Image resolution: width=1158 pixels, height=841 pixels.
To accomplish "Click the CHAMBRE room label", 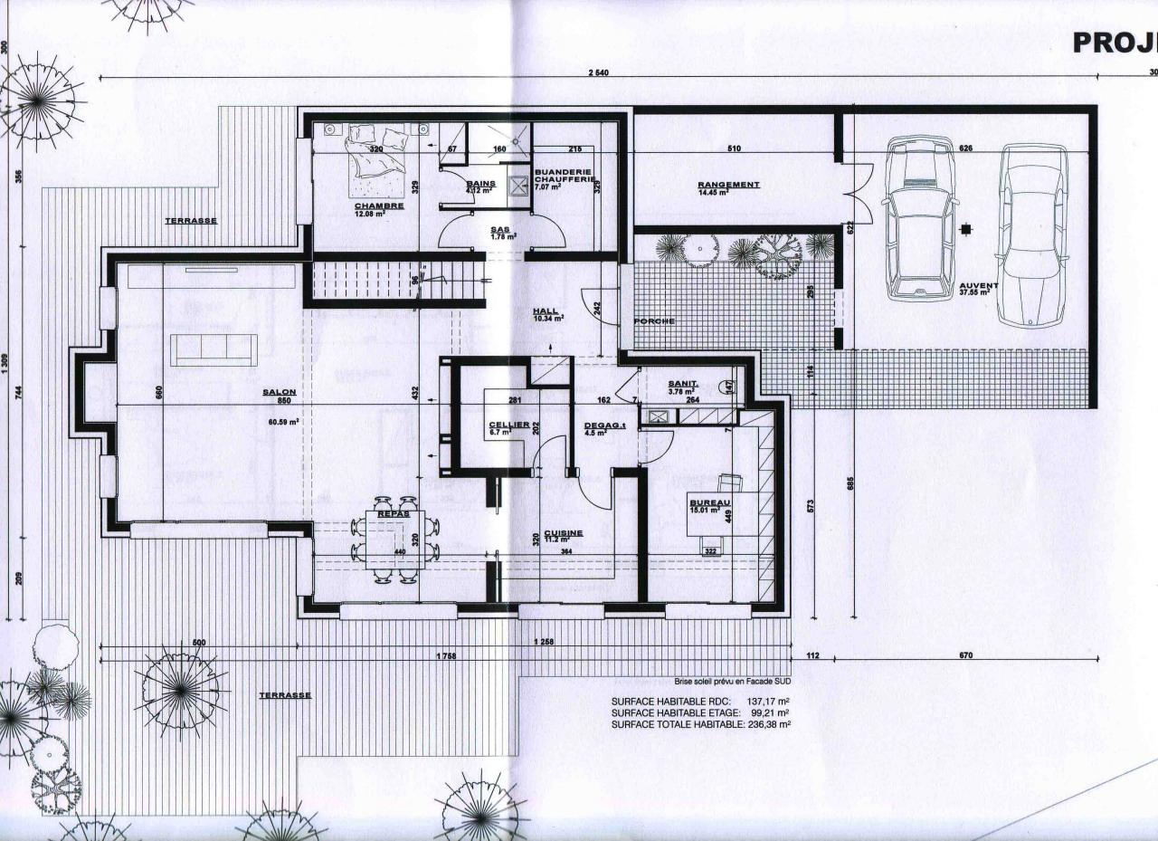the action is click(x=379, y=205).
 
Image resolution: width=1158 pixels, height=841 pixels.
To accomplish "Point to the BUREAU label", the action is click(x=710, y=502).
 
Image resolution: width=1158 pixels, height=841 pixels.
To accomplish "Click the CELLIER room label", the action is click(x=502, y=425).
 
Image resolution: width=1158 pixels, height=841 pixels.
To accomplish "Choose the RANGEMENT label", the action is click(x=728, y=185).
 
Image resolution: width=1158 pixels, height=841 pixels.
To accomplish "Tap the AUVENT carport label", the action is click(x=979, y=286).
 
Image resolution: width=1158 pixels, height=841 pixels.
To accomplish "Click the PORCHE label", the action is click(x=654, y=321).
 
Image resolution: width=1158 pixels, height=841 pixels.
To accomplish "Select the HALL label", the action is click(x=546, y=311).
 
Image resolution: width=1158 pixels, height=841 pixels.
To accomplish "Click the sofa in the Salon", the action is click(x=214, y=349).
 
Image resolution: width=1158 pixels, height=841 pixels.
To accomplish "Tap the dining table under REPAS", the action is click(x=394, y=540).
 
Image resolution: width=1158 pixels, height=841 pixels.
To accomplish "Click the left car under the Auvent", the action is click(x=920, y=217).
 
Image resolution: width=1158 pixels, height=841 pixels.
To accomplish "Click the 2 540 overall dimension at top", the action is click(x=597, y=72).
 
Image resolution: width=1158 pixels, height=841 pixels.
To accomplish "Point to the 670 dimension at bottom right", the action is click(x=965, y=655).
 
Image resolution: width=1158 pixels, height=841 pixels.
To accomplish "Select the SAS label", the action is click(x=499, y=230).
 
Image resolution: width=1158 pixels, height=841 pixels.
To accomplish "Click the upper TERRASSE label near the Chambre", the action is click(x=191, y=221).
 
